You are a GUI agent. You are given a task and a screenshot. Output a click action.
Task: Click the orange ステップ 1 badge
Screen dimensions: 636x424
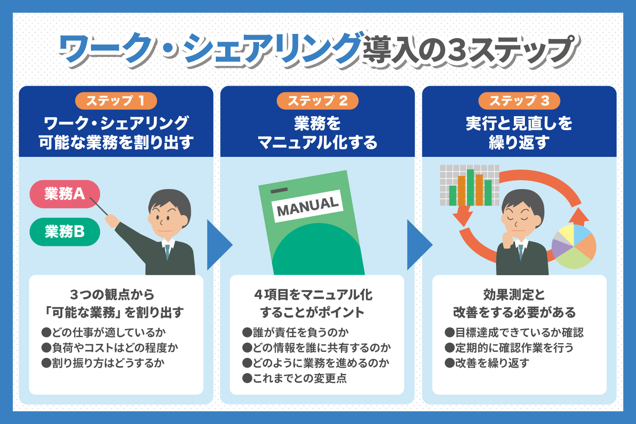(116, 101)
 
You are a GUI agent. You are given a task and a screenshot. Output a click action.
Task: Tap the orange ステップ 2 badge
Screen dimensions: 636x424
(318, 101)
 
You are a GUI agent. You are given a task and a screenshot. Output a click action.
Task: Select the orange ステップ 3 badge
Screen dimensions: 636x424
(519, 101)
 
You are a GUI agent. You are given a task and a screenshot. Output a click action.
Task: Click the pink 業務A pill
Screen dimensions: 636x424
(65, 194)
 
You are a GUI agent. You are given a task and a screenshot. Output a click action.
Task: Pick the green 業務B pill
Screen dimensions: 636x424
(65, 232)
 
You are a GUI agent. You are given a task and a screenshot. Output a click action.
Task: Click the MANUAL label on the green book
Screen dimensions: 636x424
(307, 206)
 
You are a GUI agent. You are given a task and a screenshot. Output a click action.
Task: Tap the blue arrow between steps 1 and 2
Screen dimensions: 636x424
(220, 245)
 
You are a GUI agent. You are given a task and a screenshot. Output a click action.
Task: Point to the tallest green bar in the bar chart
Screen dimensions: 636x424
(470, 187)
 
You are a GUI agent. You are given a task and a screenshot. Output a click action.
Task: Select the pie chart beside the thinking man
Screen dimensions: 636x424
(574, 246)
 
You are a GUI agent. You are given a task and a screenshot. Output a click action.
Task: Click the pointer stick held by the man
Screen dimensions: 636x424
(99, 206)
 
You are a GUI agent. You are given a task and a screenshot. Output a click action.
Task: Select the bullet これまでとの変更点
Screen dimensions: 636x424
(294, 378)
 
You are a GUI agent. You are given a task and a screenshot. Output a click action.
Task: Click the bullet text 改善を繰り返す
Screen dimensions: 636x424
(487, 363)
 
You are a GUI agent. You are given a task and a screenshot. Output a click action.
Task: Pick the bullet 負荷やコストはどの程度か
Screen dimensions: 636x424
(109, 348)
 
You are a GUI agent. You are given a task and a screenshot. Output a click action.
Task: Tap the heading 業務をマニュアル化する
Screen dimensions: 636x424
(318, 133)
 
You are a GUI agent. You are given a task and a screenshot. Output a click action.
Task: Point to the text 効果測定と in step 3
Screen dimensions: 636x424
(514, 295)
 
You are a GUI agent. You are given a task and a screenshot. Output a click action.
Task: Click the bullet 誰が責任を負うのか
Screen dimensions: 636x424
(295, 332)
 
